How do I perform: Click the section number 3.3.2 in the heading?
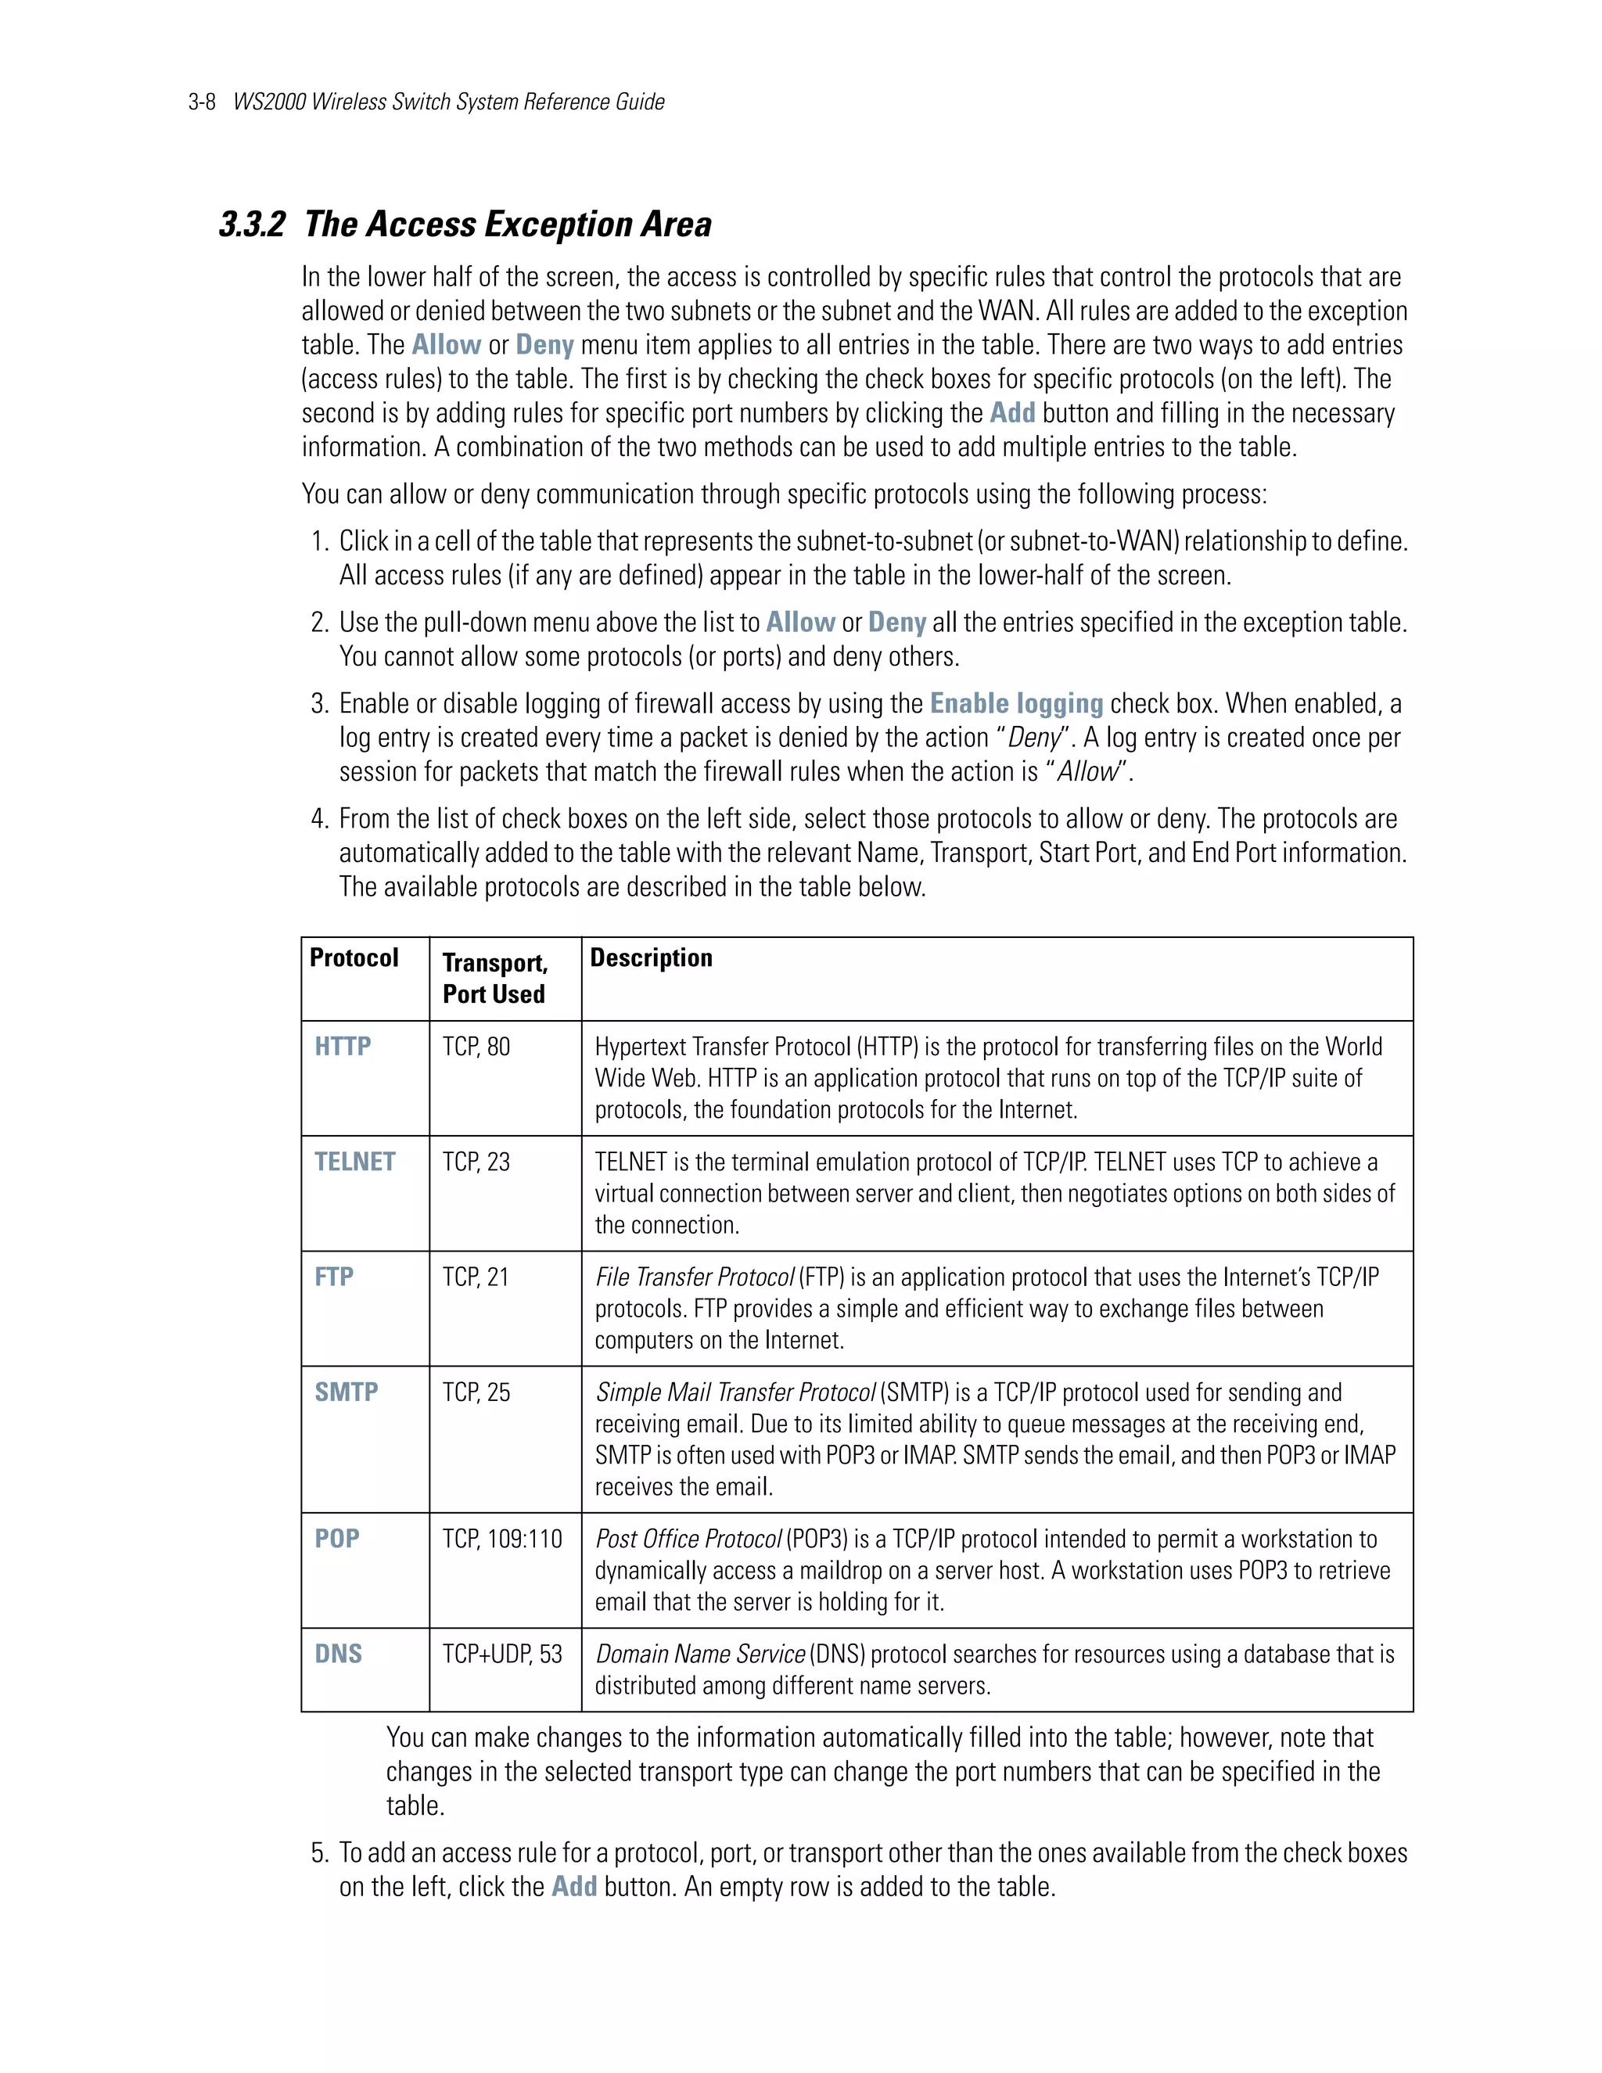[x=252, y=225]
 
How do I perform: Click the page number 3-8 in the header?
[x=202, y=102]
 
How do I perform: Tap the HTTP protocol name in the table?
[x=343, y=1046]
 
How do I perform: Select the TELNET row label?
[x=354, y=1162]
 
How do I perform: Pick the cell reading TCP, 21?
[x=476, y=1277]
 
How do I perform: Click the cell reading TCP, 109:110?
[x=502, y=1539]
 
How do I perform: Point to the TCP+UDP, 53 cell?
[x=502, y=1654]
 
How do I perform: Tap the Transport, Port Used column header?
[x=494, y=978]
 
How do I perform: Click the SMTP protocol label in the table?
[x=347, y=1392]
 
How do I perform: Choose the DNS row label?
[x=338, y=1654]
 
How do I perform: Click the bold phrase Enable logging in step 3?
[x=1015, y=703]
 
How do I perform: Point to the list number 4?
[x=319, y=819]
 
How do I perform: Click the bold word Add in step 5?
[x=574, y=1886]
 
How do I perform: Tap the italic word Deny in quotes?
[x=1033, y=738]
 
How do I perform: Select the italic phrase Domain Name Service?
[x=700, y=1654]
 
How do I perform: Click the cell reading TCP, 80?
[x=476, y=1046]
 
